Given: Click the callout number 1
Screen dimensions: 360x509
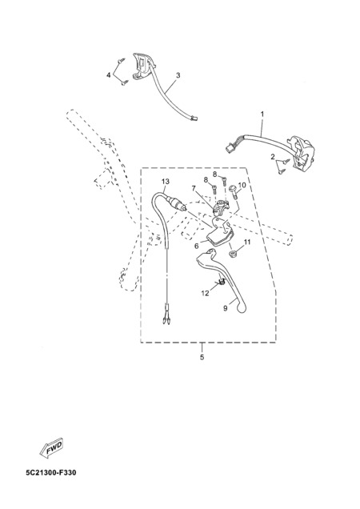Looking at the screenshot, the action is click(262, 114).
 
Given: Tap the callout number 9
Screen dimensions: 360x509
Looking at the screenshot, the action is click(225, 308).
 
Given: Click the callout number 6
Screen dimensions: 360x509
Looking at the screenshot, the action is click(196, 246).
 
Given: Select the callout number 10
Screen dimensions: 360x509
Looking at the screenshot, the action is click(242, 185).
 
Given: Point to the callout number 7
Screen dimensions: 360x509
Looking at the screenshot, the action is click(194, 188).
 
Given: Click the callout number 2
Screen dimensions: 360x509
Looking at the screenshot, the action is click(273, 157).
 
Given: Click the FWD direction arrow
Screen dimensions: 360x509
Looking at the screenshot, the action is click(51, 448).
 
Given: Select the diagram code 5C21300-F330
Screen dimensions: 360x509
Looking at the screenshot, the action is click(51, 472).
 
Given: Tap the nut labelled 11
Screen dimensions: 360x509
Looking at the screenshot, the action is click(232, 254).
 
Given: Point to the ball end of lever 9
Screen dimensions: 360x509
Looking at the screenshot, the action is click(242, 308).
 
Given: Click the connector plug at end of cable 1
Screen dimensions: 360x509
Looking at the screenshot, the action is click(230, 149).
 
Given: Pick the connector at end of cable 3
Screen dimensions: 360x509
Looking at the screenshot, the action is click(194, 118).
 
